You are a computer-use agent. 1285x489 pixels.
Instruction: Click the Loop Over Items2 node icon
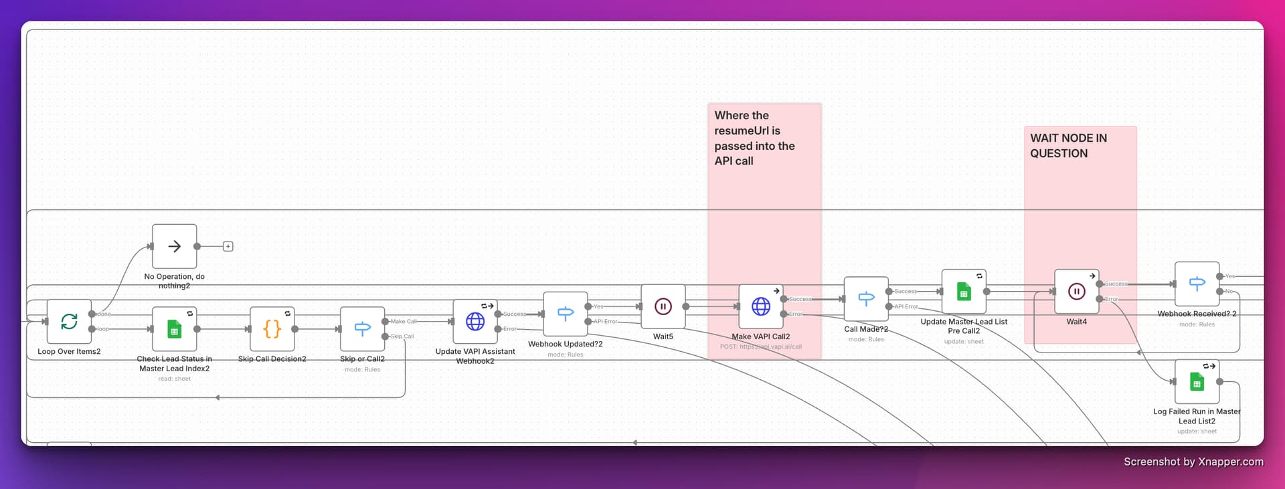(69, 322)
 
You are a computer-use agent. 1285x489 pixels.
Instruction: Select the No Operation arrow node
(174, 246)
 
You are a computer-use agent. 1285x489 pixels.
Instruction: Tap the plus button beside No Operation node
(228, 247)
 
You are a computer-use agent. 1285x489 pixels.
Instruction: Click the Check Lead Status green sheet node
(174, 329)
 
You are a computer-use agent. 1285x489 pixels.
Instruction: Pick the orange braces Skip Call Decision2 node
(272, 329)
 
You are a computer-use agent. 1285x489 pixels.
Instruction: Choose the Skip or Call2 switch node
(362, 329)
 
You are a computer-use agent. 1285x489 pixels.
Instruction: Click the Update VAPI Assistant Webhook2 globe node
(475, 322)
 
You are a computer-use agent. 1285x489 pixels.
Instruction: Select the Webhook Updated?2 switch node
(566, 314)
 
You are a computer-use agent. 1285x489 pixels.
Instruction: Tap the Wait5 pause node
(663, 306)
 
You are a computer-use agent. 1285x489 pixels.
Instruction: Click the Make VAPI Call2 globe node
(761, 306)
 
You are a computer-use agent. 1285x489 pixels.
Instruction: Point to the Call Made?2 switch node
(866, 299)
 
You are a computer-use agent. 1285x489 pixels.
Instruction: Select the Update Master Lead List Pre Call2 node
(964, 292)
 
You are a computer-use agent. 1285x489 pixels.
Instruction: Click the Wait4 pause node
(1076, 292)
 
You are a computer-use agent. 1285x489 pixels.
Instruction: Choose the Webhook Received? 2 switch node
(1197, 284)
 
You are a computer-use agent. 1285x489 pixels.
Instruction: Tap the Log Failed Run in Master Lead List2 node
(1197, 382)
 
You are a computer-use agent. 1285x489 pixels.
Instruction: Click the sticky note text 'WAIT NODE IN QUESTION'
(1068, 146)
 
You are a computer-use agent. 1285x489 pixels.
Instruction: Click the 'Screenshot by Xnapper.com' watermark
(1193, 462)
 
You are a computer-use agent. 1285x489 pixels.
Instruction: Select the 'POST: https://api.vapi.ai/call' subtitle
(760, 347)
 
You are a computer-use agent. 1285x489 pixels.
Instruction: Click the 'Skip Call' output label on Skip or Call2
(402, 336)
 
